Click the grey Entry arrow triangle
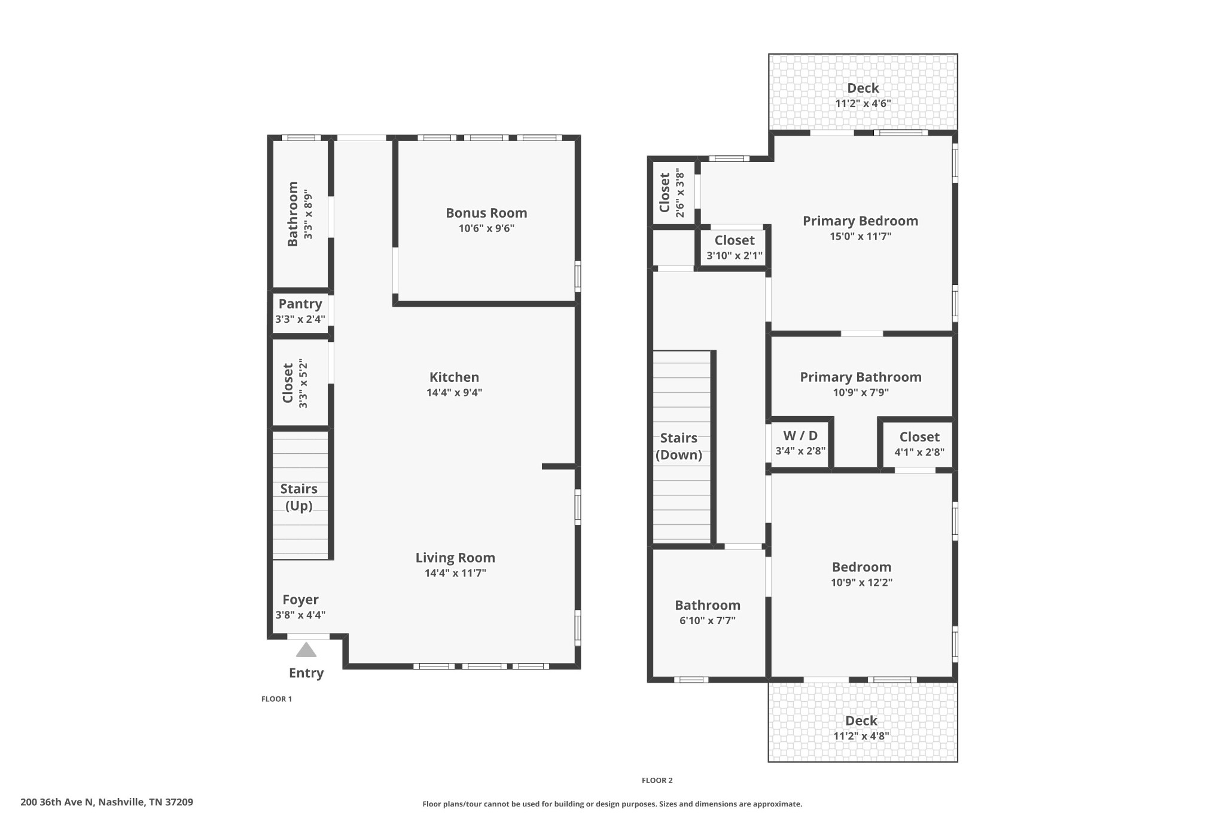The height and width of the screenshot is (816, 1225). click(306, 650)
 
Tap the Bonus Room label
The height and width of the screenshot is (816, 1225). click(486, 213)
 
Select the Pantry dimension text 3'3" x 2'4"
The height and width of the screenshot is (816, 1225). click(300, 319)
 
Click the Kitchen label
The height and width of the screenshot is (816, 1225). click(454, 377)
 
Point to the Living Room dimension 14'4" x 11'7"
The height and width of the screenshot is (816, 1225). click(455, 573)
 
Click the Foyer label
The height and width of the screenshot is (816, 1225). click(300, 600)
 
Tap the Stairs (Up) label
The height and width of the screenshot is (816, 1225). click(299, 497)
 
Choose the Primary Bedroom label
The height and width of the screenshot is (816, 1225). click(860, 221)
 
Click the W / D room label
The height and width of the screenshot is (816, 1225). click(800, 436)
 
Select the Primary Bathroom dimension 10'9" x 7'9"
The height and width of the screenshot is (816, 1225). click(861, 393)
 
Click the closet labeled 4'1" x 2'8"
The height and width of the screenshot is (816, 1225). click(919, 437)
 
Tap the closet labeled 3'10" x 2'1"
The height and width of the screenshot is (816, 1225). click(735, 240)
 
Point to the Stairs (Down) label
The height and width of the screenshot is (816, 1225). click(679, 446)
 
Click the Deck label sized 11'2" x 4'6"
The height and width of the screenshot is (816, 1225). click(863, 88)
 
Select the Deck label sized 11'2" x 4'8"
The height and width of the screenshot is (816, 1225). click(861, 721)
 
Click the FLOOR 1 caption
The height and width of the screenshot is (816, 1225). click(276, 699)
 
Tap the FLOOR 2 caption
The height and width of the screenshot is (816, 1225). click(657, 780)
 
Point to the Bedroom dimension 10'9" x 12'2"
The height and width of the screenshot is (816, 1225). click(861, 583)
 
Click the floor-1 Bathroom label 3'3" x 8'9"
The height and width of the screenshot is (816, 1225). click(292, 213)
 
